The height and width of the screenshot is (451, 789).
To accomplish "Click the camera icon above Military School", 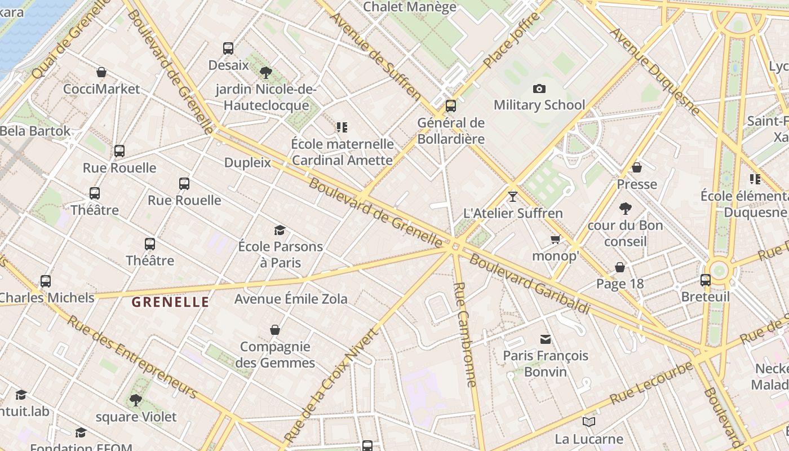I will point(539,89).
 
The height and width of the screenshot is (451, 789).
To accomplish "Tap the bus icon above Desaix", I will point(228,48).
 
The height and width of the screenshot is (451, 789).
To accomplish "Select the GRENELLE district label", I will point(170,302).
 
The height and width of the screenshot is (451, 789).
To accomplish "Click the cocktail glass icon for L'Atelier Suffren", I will point(512,196).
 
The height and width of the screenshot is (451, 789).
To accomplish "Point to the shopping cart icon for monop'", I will point(555,240).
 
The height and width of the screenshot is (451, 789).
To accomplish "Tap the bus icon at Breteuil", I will point(705,280).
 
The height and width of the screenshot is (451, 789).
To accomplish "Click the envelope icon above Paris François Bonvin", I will point(545,339).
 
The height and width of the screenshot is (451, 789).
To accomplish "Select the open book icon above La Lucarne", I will point(589,422).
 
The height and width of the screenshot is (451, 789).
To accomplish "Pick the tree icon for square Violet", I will point(135,400).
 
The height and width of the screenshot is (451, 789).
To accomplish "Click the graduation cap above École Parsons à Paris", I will point(280,230).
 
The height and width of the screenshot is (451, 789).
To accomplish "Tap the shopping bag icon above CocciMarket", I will point(101,72).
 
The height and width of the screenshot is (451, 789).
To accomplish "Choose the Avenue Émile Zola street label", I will point(291,299).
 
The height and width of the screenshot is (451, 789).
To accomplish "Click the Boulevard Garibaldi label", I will point(529,285).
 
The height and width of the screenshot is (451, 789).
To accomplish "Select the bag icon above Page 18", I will point(620,267).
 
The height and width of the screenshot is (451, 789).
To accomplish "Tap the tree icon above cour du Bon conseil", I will point(625,209).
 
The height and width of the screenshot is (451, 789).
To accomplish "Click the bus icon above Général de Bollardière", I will point(450,105).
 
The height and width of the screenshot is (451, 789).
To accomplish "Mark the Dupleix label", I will point(247,163).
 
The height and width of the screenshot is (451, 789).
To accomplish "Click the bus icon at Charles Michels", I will point(45,281).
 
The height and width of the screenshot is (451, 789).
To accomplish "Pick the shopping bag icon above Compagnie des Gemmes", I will point(275,330).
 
